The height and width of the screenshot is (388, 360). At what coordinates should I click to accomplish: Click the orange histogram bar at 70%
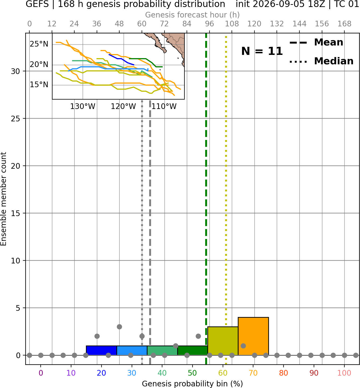click(253, 336)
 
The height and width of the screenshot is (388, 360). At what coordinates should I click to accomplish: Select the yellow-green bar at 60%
click(223, 341)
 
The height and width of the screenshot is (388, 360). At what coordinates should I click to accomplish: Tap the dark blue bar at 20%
click(102, 351)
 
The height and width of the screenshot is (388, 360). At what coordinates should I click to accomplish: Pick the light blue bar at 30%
click(132, 351)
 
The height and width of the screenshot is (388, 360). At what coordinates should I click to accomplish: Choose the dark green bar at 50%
click(193, 351)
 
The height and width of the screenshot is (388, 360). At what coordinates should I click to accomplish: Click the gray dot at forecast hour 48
click(119, 327)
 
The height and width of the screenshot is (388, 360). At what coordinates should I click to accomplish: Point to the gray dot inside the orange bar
click(243, 346)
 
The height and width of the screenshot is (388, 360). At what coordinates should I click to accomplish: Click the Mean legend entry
click(316, 43)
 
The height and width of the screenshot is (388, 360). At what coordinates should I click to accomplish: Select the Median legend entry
click(321, 61)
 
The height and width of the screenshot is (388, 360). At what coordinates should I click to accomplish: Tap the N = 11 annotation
click(262, 51)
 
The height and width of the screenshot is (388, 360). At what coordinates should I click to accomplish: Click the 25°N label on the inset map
click(39, 44)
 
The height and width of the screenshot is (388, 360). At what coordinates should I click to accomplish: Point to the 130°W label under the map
click(82, 107)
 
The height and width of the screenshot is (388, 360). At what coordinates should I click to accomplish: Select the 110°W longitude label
click(164, 107)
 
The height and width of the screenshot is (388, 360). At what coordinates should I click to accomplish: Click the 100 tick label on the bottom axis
click(344, 373)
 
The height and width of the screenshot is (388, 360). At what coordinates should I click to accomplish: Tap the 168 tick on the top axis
click(344, 24)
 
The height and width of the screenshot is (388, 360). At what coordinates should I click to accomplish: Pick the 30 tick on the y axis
click(16, 71)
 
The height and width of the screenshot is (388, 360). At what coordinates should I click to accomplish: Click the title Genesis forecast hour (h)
click(193, 15)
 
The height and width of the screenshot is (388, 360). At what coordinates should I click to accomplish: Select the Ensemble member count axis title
click(3, 199)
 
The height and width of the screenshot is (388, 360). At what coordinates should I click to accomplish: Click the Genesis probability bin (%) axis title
click(193, 384)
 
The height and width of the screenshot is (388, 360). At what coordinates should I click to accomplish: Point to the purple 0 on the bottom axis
click(41, 373)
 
